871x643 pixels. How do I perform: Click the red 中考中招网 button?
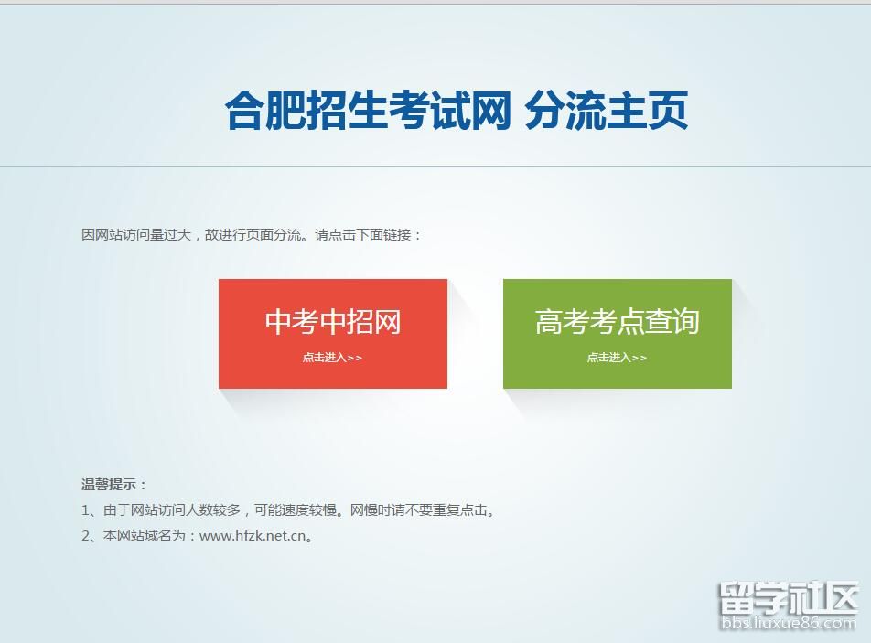[333, 334]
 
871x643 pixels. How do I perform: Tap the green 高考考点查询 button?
[618, 334]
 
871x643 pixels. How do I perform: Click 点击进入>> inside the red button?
[332, 358]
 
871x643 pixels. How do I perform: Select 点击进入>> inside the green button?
[618, 358]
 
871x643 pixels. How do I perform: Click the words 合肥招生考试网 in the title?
[369, 110]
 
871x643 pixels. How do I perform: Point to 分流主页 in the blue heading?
[607, 110]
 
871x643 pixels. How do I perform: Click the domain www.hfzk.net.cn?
[253, 536]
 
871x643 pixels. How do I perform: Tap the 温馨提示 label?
[109, 484]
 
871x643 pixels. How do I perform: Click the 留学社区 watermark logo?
[789, 598]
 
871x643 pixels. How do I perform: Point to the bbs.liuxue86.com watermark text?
[789, 623]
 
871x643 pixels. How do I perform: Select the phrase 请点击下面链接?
[363, 235]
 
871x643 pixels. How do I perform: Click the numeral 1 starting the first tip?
[86, 509]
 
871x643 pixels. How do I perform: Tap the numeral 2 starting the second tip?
[86, 536]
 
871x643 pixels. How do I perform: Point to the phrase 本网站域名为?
[144, 536]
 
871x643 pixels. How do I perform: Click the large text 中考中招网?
[333, 322]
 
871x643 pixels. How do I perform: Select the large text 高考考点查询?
[618, 322]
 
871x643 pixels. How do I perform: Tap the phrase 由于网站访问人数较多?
[172, 509]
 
